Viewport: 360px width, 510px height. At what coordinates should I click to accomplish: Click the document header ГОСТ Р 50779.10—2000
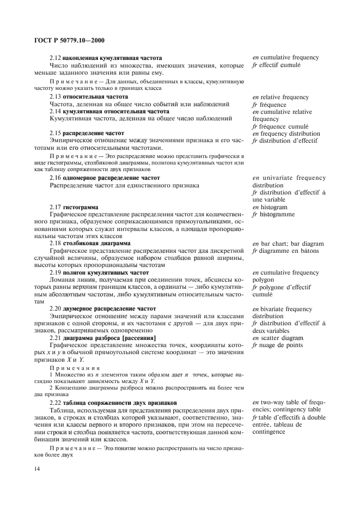64,40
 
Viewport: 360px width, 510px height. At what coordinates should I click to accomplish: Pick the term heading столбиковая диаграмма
96,244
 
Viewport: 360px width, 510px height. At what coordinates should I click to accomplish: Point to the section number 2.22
55,403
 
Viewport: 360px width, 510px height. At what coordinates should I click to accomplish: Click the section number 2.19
55,272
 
